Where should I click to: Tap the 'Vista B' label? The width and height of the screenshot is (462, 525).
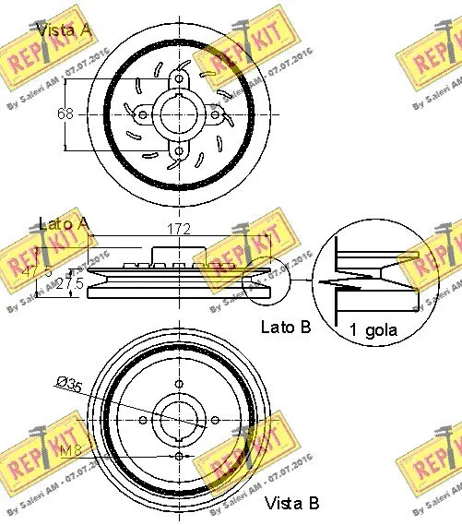291,503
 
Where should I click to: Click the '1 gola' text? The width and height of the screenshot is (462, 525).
373,329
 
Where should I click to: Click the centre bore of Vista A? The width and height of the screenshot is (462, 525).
177,114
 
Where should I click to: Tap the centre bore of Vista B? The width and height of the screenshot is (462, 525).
177,420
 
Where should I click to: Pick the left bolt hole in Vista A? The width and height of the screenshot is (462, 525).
143,115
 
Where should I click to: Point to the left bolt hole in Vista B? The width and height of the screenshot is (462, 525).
143,420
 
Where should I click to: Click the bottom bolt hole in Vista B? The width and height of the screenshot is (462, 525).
177,454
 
